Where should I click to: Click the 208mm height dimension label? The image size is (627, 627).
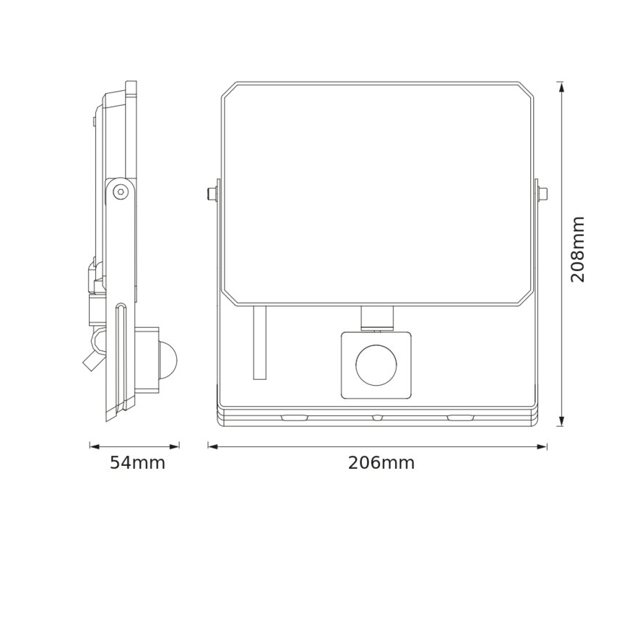[x=577, y=249]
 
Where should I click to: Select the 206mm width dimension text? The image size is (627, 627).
[x=381, y=463]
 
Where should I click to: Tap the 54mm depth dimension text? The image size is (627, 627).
[x=137, y=463]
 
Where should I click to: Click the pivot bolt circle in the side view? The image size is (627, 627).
[x=121, y=191]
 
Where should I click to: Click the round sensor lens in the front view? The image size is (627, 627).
[x=375, y=366]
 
